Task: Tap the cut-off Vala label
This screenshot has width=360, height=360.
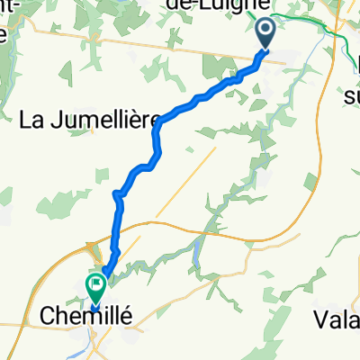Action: click(x=337, y=318)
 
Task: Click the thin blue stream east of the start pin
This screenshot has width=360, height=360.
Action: click(x=310, y=72)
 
